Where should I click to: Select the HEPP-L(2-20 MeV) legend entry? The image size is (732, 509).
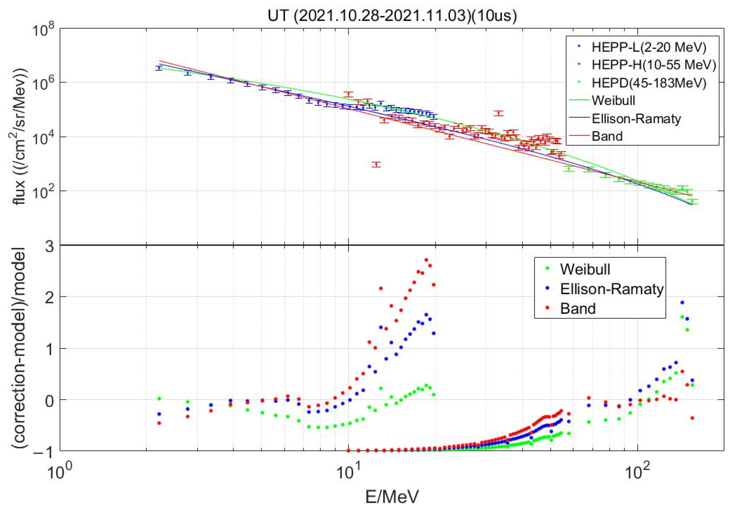coord(649,47)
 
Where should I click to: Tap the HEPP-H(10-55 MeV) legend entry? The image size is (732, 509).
coord(654,65)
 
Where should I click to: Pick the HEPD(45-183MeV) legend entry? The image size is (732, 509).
coord(649,83)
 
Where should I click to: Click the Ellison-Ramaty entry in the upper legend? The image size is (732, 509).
coord(636,119)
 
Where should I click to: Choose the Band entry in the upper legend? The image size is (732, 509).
coord(607,136)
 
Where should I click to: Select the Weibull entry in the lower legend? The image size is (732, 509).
coord(585,269)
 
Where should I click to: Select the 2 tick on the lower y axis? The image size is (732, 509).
coord(49,298)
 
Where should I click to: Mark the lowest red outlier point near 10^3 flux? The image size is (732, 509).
coord(377,164)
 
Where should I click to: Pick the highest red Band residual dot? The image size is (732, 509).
coord(426,260)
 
